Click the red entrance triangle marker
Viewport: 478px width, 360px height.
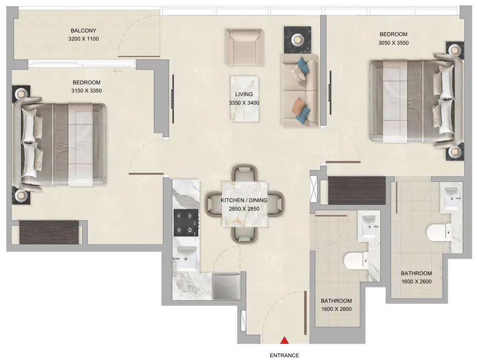click(284, 340)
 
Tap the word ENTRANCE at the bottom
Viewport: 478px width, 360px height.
click(284, 355)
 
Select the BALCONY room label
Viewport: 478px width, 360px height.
click(83, 31)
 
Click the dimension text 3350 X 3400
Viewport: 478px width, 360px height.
click(244, 103)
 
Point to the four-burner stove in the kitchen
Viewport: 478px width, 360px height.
click(186, 223)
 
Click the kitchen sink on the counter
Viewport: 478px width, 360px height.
click(186, 258)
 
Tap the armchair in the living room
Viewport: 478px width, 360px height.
click(244, 47)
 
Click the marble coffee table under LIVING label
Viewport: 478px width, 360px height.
click(244, 99)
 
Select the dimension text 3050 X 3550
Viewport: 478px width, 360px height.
click(393, 43)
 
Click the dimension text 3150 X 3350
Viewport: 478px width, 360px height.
click(87, 91)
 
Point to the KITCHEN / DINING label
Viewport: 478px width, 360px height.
click(244, 200)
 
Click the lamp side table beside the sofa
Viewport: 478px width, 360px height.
click(297, 40)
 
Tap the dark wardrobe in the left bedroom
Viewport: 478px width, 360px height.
click(50, 232)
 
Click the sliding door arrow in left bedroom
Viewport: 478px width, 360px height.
click(118, 71)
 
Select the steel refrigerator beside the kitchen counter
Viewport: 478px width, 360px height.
click(227, 286)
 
